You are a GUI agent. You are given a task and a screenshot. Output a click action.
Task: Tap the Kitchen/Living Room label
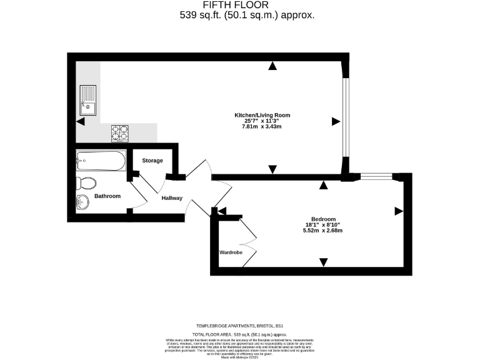click(x=262, y=116)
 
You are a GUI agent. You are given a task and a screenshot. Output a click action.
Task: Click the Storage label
click(x=152, y=161)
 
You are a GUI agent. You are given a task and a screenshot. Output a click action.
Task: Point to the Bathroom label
click(x=107, y=196)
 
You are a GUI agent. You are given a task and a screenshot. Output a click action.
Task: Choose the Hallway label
click(x=172, y=198)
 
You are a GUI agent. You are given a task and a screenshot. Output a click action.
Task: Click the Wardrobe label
click(x=230, y=253)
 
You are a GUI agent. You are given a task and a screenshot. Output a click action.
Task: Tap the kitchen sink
click(x=87, y=99)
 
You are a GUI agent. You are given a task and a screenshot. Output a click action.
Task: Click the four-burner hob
click(x=120, y=133)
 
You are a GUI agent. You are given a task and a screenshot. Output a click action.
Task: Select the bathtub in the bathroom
click(x=101, y=161)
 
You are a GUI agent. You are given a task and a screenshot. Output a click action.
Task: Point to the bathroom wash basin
click(x=81, y=202)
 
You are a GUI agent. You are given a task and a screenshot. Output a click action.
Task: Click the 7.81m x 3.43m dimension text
click(x=262, y=127)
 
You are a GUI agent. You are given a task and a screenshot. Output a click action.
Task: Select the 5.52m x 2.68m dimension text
click(x=322, y=231)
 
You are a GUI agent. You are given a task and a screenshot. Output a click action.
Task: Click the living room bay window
click(x=344, y=119)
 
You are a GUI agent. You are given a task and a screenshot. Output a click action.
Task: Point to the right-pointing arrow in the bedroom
click(x=398, y=212)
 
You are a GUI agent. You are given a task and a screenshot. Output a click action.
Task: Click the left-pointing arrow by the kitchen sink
click(x=80, y=121)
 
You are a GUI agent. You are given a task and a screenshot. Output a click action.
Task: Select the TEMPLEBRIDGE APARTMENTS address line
click(x=240, y=326)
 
